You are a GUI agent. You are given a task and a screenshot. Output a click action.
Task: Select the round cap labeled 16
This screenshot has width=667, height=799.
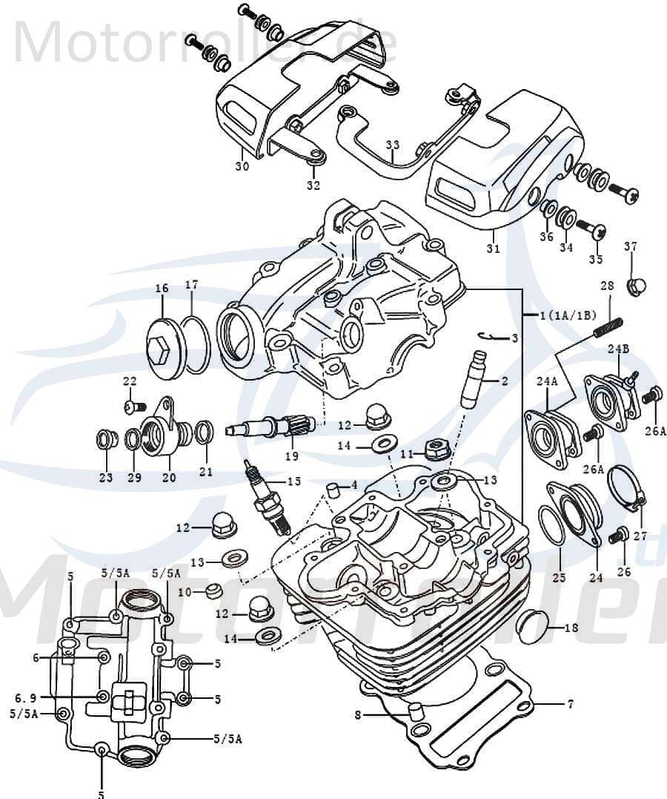164,349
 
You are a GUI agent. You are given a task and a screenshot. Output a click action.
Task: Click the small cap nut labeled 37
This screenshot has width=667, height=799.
635,285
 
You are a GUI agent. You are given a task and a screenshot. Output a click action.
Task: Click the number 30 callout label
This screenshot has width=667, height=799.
242,166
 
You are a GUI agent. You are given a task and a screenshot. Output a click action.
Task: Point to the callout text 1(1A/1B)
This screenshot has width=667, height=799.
568,315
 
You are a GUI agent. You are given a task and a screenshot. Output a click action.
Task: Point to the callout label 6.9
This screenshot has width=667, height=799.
25,698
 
